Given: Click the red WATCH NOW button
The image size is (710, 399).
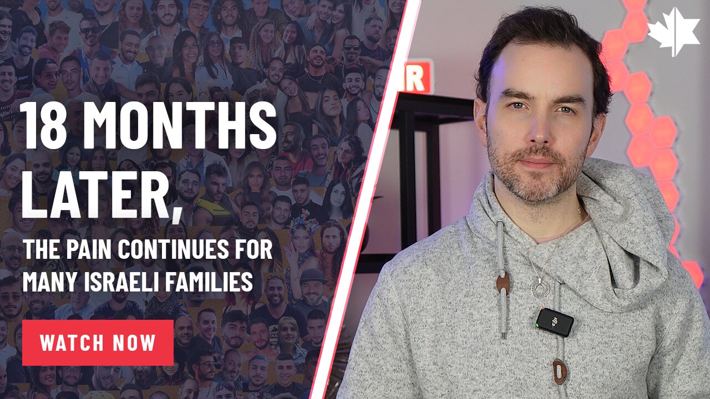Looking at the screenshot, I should pos(98,342).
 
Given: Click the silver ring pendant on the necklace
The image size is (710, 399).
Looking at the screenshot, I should pos(537,288).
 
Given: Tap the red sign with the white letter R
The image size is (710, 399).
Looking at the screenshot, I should pos(417,76).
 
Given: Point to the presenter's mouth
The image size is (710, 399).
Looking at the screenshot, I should pos(537,164).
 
